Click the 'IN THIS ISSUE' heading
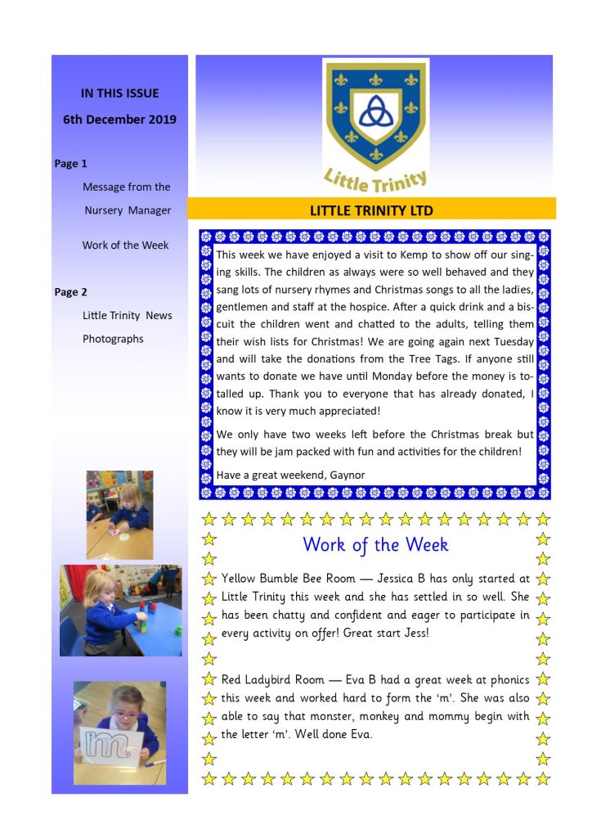point(119,93)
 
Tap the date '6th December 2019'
point(119,119)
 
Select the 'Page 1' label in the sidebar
point(71,164)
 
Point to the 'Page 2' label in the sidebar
point(71,292)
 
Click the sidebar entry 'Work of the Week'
point(125,246)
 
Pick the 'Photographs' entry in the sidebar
point(113,339)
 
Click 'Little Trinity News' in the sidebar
point(127,315)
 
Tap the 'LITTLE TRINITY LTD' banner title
point(371,210)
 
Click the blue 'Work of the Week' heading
point(375,544)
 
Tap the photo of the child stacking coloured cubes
point(120,610)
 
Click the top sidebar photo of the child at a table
point(120,514)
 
